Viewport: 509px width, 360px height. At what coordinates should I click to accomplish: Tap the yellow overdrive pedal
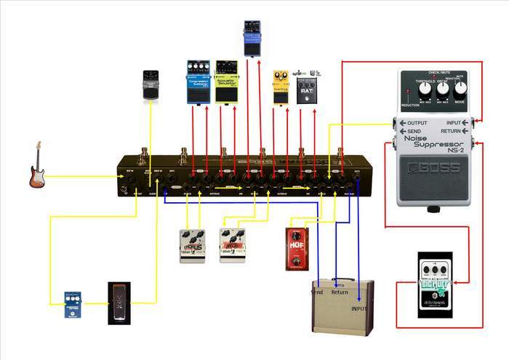coord(281,87)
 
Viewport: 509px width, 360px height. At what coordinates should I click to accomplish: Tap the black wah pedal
coord(118,303)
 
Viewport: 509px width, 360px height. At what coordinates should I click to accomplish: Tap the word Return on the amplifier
coord(340,292)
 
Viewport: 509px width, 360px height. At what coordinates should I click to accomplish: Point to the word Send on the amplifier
coord(316,292)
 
